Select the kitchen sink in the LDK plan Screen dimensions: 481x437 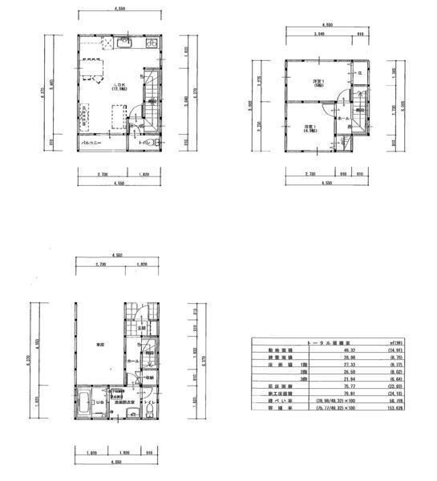coord(123,42)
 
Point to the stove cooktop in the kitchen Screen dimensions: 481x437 coord(149,43)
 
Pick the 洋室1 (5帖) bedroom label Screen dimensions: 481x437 coord(318,83)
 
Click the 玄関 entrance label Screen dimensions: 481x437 coord(141,328)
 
